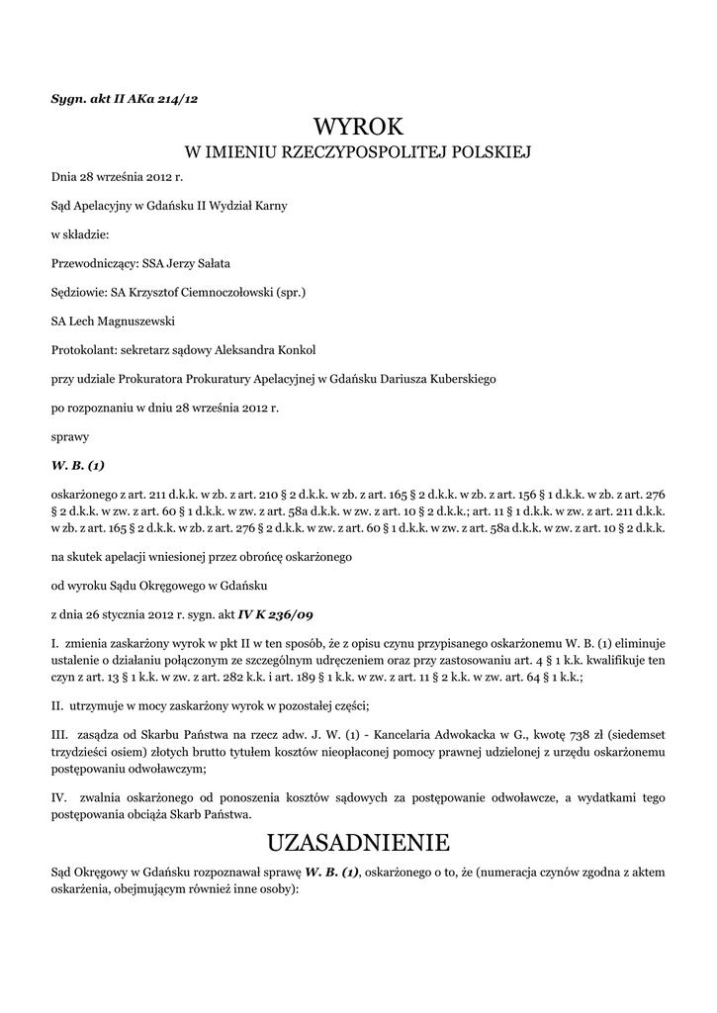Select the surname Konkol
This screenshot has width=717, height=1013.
click(293, 349)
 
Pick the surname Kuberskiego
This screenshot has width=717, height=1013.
click(454, 378)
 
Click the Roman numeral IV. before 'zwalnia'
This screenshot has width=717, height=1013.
click(58, 796)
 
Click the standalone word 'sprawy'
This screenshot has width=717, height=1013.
click(69, 435)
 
